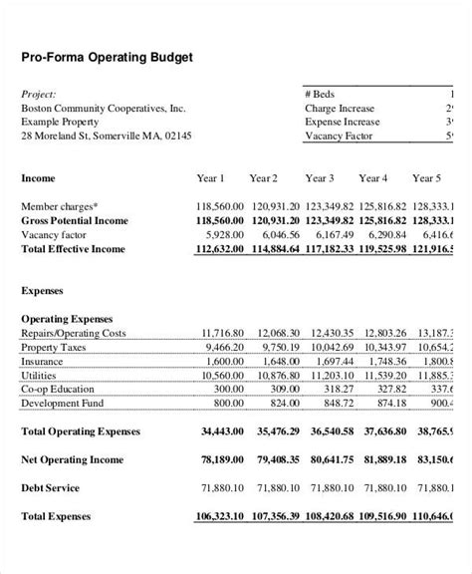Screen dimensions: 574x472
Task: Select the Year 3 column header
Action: pos(320,178)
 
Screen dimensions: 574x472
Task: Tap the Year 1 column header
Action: pos(210,178)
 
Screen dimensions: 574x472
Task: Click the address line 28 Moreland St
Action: pos(107,136)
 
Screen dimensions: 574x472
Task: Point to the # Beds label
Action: pos(322,94)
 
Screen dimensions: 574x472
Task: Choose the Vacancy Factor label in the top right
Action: pos(340,136)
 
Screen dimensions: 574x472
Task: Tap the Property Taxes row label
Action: pos(58,346)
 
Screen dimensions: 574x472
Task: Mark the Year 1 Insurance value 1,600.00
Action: pos(223,360)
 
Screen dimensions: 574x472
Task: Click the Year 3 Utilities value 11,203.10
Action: pos(331,375)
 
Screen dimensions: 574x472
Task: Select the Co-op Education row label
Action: pos(62,389)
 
